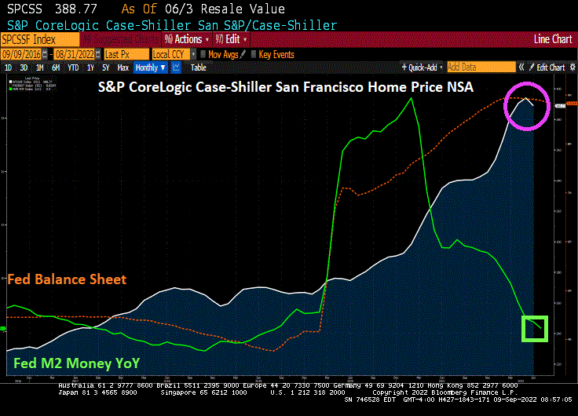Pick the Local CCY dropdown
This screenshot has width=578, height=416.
(171, 53)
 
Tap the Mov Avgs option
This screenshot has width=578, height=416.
(222, 53)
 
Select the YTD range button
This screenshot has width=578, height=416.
(73, 68)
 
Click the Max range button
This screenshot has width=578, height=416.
(123, 68)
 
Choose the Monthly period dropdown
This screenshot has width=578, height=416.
(150, 68)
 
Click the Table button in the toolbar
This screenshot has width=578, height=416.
(199, 68)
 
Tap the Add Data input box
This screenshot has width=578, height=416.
(481, 68)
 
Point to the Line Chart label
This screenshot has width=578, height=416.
(552, 38)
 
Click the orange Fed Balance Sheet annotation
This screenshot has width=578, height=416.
(67, 279)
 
